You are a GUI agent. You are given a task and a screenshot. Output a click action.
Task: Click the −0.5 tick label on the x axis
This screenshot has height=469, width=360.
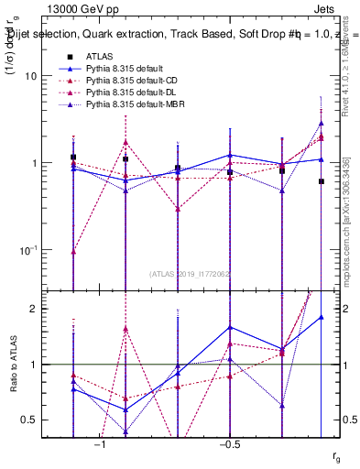point(229,444)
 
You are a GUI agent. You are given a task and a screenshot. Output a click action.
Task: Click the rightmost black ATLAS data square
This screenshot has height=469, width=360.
point(322,181)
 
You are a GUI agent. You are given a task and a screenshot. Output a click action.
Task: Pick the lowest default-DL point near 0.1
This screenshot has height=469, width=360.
point(73,251)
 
